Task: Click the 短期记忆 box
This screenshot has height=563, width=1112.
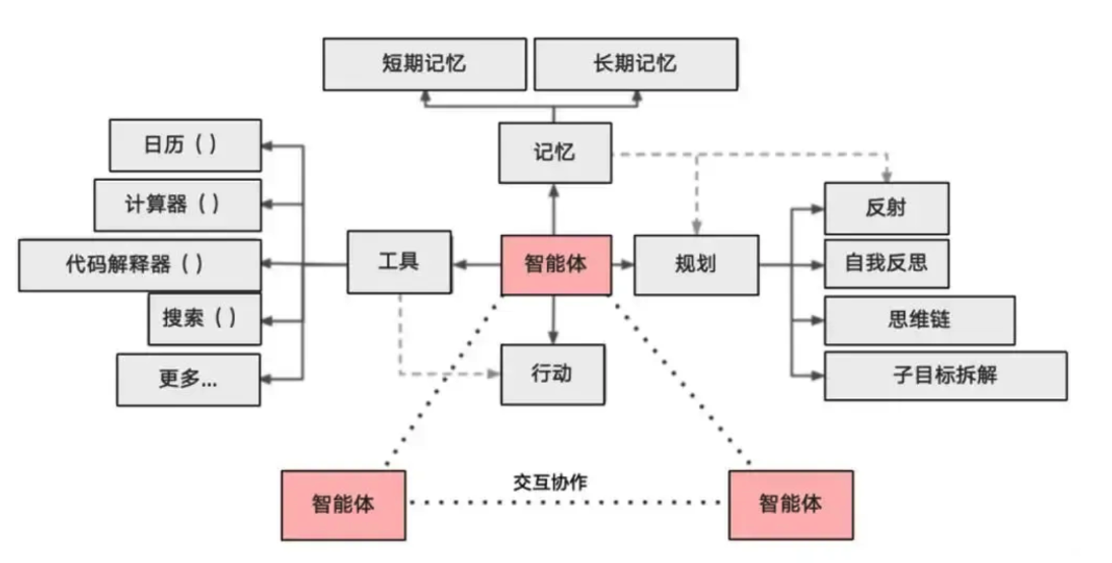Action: click(x=424, y=64)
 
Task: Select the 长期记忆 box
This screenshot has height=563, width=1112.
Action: click(x=636, y=64)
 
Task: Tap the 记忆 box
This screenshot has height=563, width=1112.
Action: click(x=555, y=153)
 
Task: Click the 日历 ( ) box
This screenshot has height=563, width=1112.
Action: click(x=185, y=145)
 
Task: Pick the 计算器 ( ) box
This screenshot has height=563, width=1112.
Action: click(x=178, y=205)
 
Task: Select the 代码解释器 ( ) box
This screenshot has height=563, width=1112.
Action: click(x=140, y=265)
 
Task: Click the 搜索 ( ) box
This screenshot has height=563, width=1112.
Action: click(x=204, y=319)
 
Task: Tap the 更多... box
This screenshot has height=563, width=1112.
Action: click(x=188, y=380)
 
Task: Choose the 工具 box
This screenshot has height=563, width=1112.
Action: click(x=399, y=262)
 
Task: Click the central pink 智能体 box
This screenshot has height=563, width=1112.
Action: click(x=556, y=265)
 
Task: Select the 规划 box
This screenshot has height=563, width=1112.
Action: click(x=696, y=265)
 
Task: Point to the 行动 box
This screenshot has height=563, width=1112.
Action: click(x=553, y=374)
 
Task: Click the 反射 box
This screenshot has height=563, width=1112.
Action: click(x=887, y=208)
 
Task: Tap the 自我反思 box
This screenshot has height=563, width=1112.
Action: click(x=887, y=264)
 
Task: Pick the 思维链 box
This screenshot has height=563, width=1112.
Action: click(x=920, y=320)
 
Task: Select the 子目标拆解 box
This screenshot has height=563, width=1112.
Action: click(x=946, y=376)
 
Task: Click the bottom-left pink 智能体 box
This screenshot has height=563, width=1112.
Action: click(x=343, y=505)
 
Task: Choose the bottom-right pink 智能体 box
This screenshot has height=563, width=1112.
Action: click(x=791, y=504)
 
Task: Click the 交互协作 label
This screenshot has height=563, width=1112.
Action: click(x=550, y=483)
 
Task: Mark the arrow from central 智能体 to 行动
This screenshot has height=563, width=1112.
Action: click(x=553, y=320)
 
